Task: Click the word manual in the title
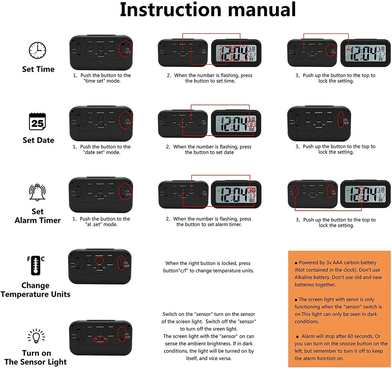[x=262, y=10]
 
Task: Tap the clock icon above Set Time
[x=37, y=50]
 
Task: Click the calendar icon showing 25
[x=37, y=122]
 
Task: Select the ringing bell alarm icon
[x=37, y=192]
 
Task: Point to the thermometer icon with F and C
[x=36, y=265]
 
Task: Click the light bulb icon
[x=36, y=336]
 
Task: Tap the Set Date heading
[x=39, y=140]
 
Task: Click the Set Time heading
[x=39, y=69]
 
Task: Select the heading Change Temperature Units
[x=35, y=290]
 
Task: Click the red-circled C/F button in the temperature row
[x=99, y=260]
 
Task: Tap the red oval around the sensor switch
[x=101, y=340]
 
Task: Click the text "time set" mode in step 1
[x=102, y=81]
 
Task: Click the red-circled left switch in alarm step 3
[x=295, y=192]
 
